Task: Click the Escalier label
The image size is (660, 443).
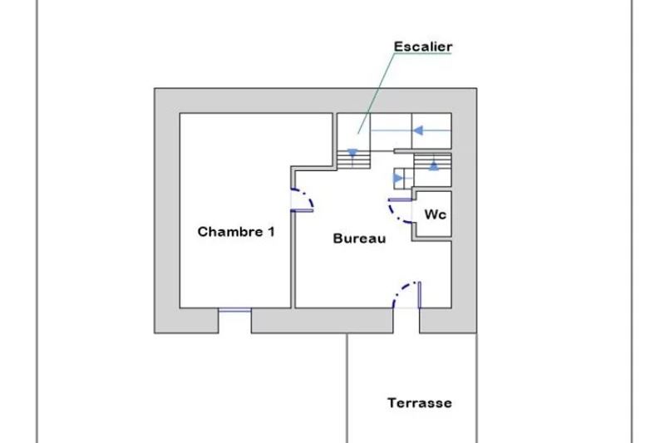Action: click(423, 47)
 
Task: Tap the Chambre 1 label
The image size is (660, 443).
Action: click(236, 232)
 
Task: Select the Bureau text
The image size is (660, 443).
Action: click(360, 239)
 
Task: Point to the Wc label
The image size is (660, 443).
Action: click(436, 214)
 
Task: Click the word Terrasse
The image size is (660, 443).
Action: click(420, 403)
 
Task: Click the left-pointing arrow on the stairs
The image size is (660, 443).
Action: click(421, 130)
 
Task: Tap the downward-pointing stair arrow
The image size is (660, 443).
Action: click(353, 153)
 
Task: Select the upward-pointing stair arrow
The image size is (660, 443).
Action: click(434, 165)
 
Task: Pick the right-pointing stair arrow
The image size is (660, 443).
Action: click(397, 178)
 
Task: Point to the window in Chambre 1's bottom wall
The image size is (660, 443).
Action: click(234, 311)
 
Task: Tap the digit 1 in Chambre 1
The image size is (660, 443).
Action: click(269, 232)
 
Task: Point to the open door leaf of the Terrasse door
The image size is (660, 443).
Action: click(420, 295)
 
